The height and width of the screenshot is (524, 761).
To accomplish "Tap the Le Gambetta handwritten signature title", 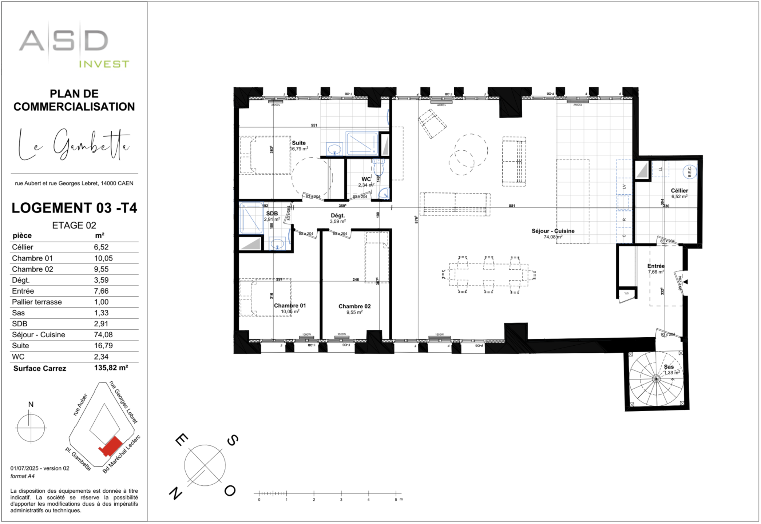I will [x=74, y=145].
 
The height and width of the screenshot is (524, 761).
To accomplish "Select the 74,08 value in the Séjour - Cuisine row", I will [x=103, y=335].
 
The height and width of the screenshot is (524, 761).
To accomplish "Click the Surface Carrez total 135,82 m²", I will [x=111, y=368].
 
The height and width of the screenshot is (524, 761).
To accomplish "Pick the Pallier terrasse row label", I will [x=37, y=302].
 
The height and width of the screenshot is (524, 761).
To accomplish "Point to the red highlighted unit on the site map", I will [x=111, y=446].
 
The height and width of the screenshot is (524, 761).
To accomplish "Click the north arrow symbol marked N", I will [x=31, y=426].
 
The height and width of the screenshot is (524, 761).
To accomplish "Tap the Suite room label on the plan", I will [x=298, y=143].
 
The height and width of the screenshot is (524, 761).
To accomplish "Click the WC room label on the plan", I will [x=366, y=179].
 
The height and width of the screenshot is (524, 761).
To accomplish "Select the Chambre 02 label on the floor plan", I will [x=354, y=306].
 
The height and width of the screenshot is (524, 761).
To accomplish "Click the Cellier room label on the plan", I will [x=679, y=191].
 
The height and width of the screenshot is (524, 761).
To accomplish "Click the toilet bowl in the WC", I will [x=378, y=168].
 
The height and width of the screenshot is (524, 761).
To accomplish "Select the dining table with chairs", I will [x=488, y=275].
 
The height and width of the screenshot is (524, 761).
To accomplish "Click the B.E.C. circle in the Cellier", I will [x=689, y=172].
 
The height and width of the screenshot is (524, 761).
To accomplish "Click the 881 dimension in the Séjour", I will [x=512, y=206].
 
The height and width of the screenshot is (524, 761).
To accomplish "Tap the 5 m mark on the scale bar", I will [x=396, y=494].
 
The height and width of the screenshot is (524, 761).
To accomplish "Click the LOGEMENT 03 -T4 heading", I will [x=74, y=208].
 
